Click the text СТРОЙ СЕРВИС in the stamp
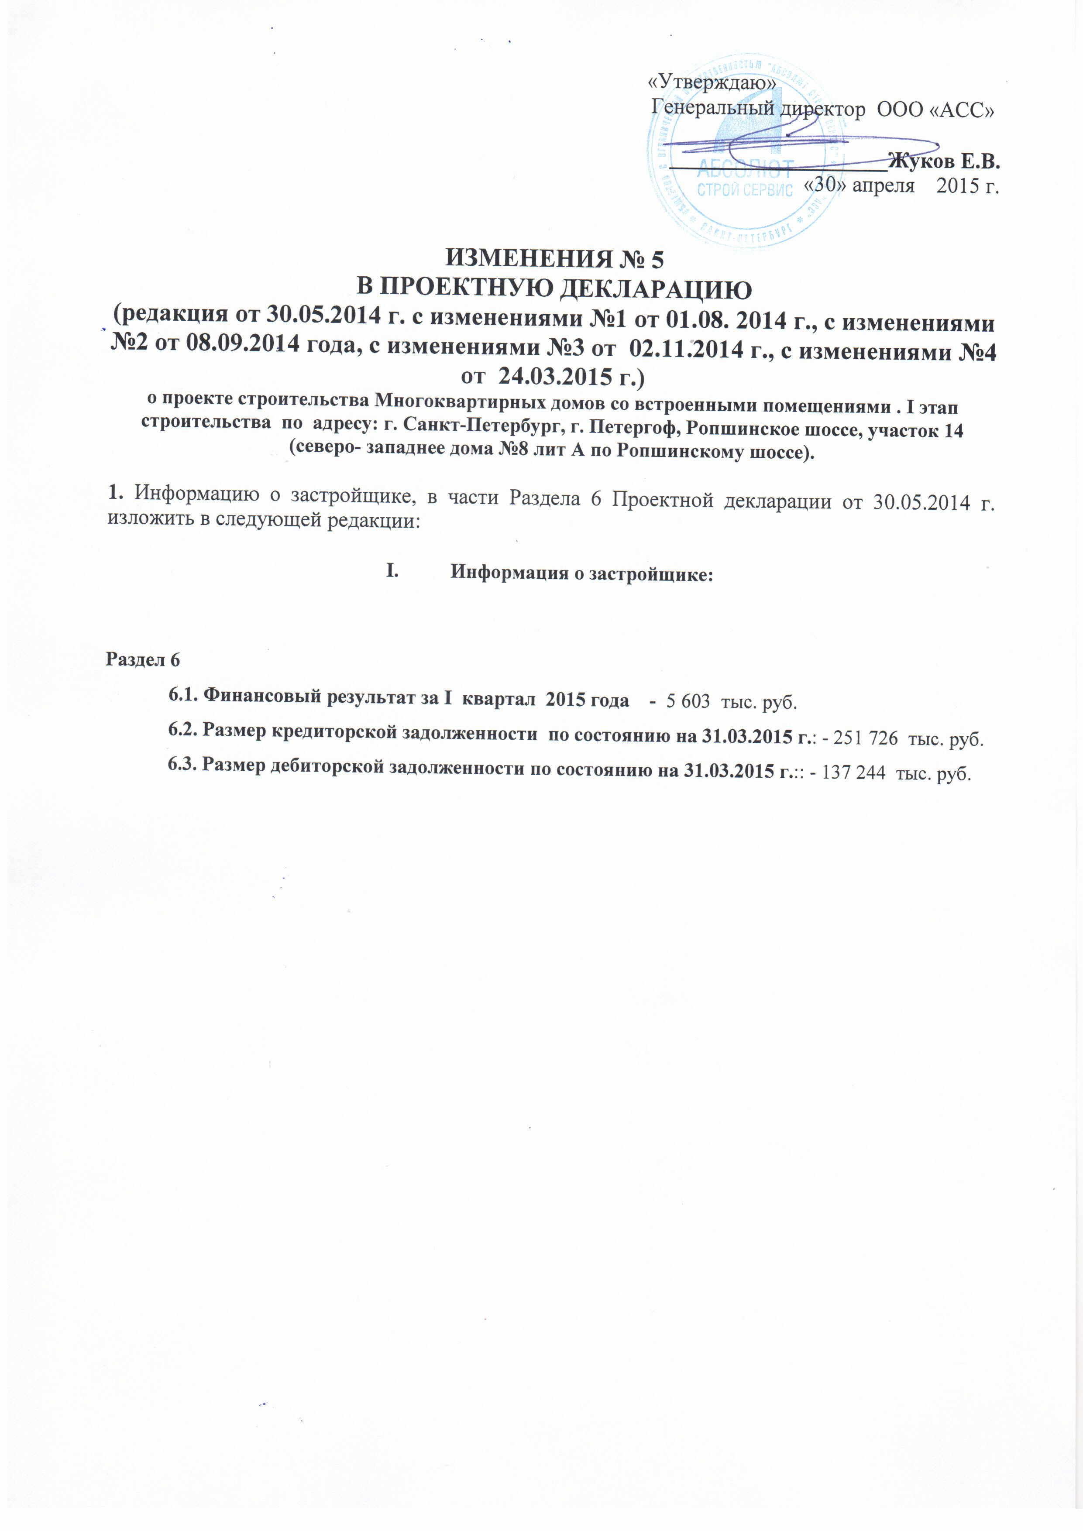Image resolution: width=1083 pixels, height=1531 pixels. (744, 190)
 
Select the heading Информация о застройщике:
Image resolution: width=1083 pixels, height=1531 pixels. (581, 573)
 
